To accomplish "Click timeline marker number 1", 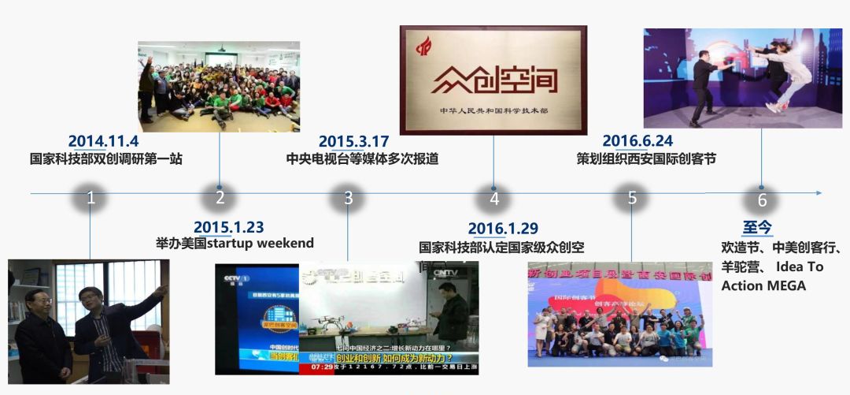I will coord(91,198).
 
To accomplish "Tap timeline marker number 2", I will coord(220,198).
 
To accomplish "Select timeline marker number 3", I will coord(348,198).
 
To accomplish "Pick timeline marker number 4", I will coord(494,199).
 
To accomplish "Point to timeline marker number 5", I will coord(632,198).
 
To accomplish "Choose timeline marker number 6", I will coord(762,199).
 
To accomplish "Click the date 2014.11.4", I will coord(103,141).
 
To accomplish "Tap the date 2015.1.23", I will coord(228,227).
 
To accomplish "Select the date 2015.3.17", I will coord(354,141).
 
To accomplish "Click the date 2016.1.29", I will coord(503,229).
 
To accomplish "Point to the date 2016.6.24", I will coord(637,141).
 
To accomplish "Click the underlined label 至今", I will coord(758,227).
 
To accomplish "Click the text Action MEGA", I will coord(763,285).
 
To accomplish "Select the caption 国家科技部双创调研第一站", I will coord(106,158).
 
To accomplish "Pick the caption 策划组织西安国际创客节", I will coord(646,158).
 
